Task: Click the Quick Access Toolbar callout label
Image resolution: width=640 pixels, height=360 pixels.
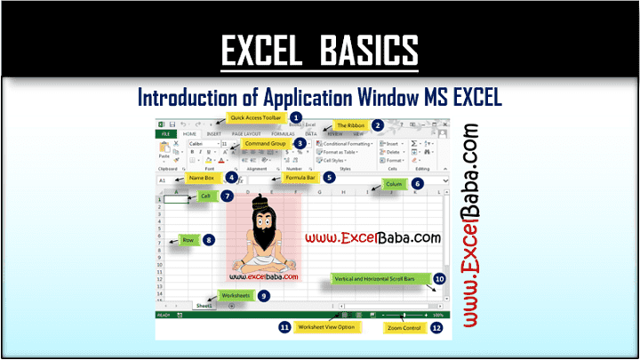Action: pos(256,116)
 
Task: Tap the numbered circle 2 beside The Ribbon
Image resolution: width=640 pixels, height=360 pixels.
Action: pos(378,126)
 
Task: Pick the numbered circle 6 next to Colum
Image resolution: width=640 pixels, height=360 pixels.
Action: pos(418,184)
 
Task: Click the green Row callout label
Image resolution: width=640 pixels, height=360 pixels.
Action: pos(188,239)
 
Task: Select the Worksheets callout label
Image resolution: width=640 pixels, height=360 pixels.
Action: pos(236,295)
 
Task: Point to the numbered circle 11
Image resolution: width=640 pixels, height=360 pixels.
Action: pos(285,327)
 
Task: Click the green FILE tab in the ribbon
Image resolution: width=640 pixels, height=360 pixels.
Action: pos(166,133)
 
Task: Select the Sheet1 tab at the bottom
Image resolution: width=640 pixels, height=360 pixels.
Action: pos(205,305)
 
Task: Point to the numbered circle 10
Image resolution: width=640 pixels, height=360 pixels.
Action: pos(440,278)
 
